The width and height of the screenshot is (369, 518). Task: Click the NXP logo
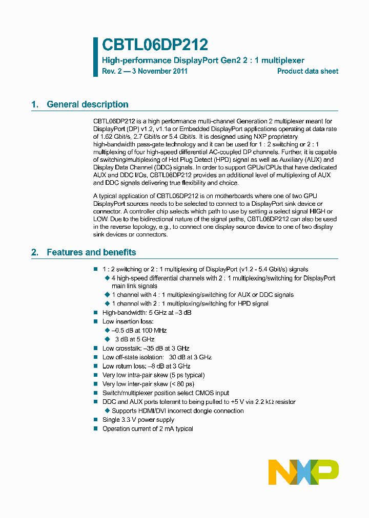point(303,472)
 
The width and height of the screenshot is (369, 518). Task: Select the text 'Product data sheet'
point(307,71)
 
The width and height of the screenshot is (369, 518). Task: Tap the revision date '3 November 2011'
point(159,71)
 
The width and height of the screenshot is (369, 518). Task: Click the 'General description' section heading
point(87,104)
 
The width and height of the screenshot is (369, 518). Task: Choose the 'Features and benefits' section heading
point(91,252)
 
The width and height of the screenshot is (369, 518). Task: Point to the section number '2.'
point(35,252)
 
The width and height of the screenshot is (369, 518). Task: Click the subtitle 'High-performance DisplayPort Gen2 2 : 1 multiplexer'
point(203,60)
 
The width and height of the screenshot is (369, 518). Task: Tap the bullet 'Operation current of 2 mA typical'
point(148,429)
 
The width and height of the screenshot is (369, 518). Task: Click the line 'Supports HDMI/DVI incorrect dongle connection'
point(177,411)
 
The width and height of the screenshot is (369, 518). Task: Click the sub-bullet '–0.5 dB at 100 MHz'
point(139,330)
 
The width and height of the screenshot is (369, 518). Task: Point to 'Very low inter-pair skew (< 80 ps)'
point(148,384)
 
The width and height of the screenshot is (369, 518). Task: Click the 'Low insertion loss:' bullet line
point(128,321)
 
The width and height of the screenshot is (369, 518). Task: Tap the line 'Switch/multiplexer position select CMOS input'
point(166,393)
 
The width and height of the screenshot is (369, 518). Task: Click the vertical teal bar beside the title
point(95,57)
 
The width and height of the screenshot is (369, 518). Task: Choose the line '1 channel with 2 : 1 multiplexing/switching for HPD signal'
point(190,304)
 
